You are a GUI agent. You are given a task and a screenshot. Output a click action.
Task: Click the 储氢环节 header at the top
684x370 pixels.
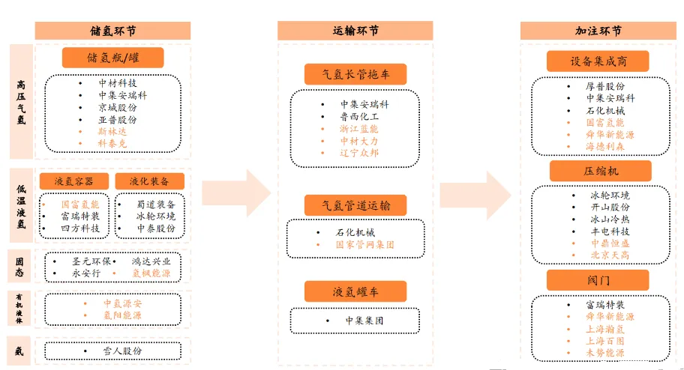112,31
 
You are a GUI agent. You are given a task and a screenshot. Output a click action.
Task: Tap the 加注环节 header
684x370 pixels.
598,31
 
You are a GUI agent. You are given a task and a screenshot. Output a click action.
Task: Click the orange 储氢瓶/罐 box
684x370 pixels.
112,58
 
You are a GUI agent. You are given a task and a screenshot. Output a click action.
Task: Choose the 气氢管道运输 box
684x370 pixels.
355,204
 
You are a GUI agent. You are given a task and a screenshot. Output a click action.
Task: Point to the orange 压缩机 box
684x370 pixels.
599,171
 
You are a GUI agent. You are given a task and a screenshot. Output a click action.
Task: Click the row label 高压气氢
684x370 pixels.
21,103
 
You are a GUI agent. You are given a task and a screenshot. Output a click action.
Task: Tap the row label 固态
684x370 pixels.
21,266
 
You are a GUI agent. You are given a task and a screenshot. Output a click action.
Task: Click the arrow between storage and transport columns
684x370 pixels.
235,192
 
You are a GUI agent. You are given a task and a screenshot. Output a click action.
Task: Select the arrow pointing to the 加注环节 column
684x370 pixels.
476,192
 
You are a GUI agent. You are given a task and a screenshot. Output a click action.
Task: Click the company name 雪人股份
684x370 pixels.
122,351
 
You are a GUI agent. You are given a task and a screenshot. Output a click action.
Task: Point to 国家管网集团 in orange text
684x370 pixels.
364,245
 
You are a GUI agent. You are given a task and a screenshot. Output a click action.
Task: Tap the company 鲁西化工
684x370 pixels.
359,117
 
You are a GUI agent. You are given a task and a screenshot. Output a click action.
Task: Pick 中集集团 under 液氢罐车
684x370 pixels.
364,321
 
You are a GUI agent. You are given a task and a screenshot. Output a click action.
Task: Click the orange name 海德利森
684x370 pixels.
604,146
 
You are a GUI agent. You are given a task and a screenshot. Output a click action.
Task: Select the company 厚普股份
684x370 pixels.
604,86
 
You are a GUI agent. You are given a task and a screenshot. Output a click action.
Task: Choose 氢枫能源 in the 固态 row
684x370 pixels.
151,273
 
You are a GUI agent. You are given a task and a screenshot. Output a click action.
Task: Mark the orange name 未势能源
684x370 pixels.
604,353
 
